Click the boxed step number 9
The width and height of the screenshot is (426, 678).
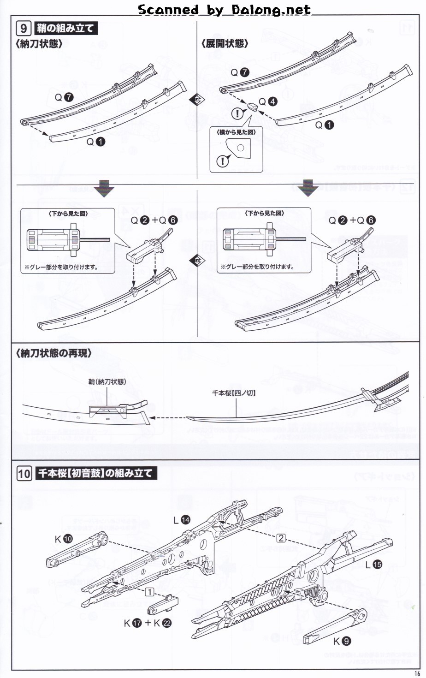[x=24, y=29]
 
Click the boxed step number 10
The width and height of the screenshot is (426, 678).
[x=24, y=474]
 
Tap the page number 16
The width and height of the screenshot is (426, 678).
[x=417, y=673]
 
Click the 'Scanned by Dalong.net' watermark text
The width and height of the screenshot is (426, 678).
[x=224, y=10]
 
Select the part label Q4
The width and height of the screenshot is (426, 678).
[x=268, y=101]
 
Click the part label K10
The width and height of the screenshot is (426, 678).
[x=64, y=539]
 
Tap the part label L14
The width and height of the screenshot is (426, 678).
[x=182, y=520]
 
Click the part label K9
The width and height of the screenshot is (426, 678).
[x=342, y=641]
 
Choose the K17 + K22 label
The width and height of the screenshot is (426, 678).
[x=148, y=623]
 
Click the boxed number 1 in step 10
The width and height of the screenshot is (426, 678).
[x=149, y=592]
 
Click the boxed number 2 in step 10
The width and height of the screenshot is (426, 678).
[x=281, y=538]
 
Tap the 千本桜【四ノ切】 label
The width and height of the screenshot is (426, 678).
[x=234, y=393]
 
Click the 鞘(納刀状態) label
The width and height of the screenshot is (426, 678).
[x=107, y=381]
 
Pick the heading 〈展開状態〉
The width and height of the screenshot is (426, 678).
[x=225, y=44]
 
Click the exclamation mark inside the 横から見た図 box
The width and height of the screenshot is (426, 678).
[x=223, y=161]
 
